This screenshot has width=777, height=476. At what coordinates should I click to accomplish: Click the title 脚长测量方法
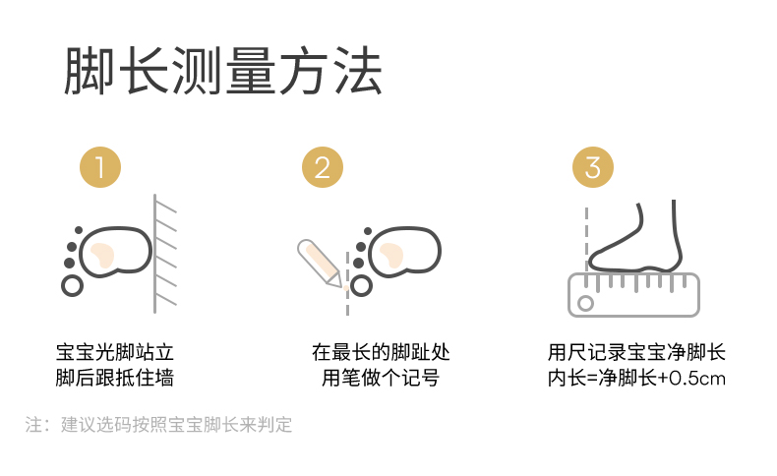[223, 71]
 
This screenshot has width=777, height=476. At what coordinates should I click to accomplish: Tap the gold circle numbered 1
[100, 167]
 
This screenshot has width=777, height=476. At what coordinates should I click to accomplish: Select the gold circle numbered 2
[323, 167]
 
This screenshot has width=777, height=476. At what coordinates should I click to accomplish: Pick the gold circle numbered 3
[593, 167]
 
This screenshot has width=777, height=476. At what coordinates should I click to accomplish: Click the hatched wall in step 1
[164, 253]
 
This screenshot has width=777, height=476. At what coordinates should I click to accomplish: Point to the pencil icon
[320, 263]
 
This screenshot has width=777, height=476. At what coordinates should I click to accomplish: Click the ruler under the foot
[633, 295]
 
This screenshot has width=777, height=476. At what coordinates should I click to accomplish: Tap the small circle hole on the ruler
[586, 303]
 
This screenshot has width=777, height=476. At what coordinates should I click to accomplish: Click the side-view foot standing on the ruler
[635, 236]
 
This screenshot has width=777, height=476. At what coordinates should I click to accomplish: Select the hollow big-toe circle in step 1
[73, 285]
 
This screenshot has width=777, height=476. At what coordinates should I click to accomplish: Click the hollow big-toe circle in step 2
[361, 286]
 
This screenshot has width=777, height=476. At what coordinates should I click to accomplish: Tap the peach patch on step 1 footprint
[102, 255]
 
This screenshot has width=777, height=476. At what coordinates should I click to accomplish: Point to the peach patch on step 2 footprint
[391, 255]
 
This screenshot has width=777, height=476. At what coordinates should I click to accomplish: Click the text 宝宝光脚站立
[115, 353]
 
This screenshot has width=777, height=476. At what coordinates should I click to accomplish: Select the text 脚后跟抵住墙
[115, 378]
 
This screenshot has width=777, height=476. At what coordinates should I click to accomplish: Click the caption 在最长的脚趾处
[381, 353]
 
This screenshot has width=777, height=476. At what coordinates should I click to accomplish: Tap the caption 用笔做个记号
[381, 378]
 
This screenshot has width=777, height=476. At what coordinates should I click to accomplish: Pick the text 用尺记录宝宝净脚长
[636, 353]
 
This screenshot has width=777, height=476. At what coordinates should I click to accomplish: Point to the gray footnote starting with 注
[158, 425]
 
